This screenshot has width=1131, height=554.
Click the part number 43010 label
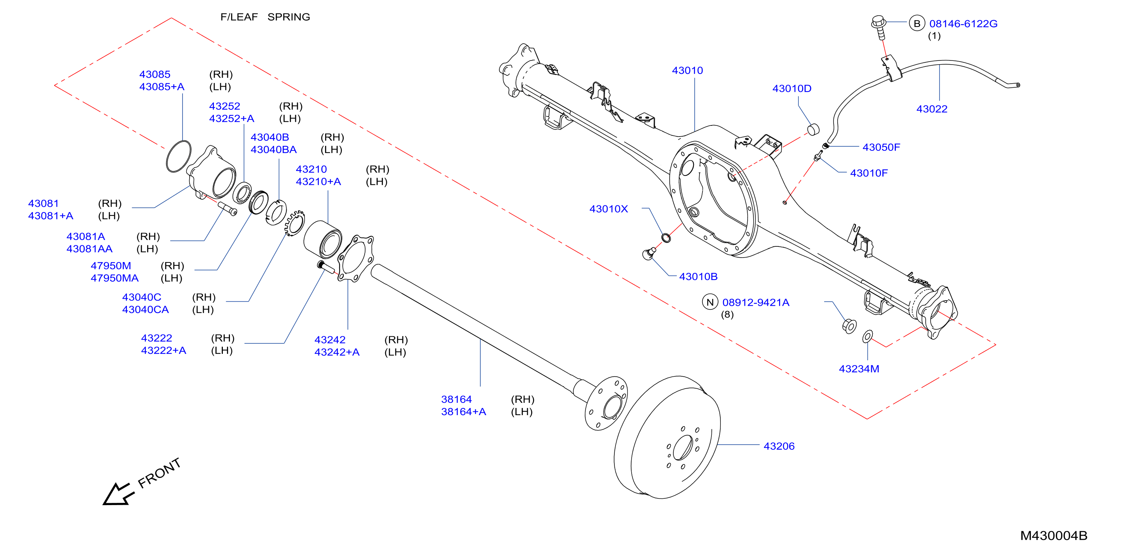click(x=687, y=70)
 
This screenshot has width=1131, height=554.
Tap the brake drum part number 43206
click(x=779, y=446)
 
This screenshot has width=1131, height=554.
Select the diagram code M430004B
click(x=1053, y=536)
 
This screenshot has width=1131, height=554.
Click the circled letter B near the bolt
click(x=917, y=23)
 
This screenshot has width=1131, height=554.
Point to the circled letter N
click(x=710, y=302)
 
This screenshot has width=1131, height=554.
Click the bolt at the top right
click(x=879, y=27)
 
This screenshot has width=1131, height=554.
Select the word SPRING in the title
click(x=289, y=17)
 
